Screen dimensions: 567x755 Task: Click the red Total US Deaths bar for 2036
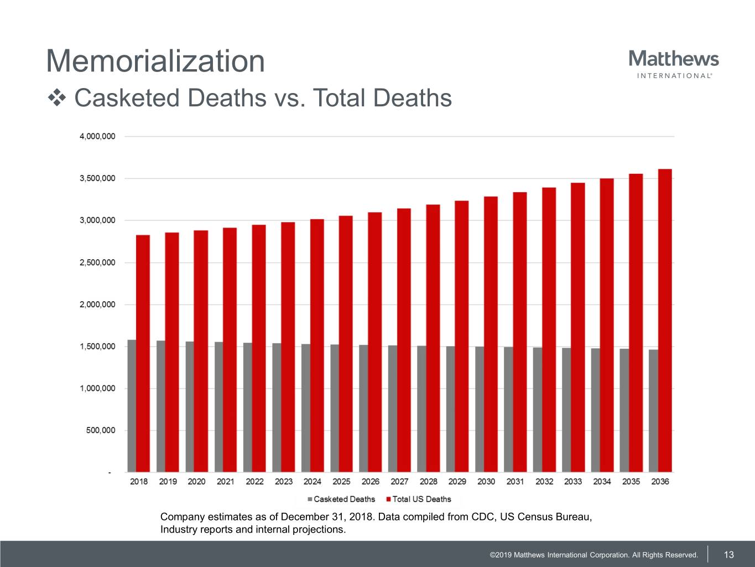click(x=665, y=321)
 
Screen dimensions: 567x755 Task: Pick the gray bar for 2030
click(x=480, y=409)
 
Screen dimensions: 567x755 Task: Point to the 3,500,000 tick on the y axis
click(x=97, y=178)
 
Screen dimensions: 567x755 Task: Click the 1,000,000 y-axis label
click(x=97, y=388)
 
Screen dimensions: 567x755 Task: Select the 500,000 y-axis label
click(x=101, y=430)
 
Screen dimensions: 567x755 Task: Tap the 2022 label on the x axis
click(x=254, y=482)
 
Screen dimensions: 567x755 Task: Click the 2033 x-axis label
click(x=573, y=482)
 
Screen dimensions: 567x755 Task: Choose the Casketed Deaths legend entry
click(x=341, y=499)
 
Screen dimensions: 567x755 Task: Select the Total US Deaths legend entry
click(x=419, y=499)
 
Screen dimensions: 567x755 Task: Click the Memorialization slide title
click(x=155, y=61)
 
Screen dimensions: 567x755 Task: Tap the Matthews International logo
click(x=674, y=64)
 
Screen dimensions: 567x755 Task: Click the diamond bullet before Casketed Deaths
click(x=56, y=99)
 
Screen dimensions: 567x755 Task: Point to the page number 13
click(x=729, y=554)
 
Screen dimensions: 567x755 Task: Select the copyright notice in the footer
click(x=593, y=555)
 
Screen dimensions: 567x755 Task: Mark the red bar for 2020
click(x=201, y=351)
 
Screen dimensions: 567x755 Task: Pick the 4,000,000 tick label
click(x=97, y=136)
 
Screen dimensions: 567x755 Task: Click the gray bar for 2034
click(x=595, y=410)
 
